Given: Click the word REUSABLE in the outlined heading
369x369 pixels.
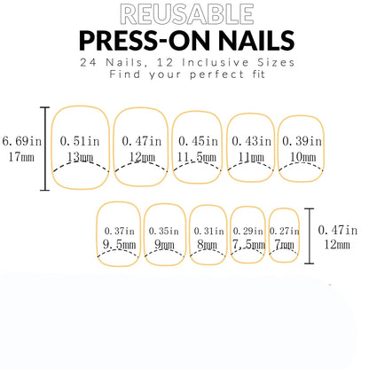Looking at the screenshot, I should click(184, 14).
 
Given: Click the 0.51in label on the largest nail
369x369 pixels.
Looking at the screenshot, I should click(81, 140).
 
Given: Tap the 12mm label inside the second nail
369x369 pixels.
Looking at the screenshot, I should click(141, 157).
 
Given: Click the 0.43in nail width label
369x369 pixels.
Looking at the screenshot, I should click(251, 140).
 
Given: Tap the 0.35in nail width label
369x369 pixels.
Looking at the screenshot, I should click(164, 231).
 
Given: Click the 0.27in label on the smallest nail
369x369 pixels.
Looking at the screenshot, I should click(284, 231).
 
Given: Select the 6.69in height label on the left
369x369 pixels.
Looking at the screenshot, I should click(20, 140).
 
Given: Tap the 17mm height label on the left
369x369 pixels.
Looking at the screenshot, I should click(20, 157).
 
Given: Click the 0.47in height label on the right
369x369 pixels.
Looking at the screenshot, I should click(343, 229).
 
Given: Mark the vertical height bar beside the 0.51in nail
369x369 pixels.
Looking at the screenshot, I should click(45, 148).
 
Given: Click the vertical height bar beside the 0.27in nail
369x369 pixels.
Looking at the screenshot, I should click(310, 237).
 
